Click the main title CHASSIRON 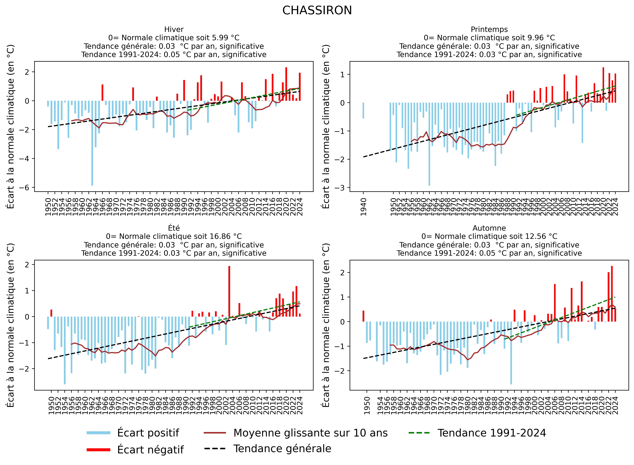(x=317, y=11)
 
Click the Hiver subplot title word (x=174, y=29)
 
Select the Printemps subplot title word (x=489, y=29)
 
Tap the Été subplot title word (x=174, y=228)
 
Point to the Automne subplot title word (x=489, y=228)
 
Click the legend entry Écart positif (x=148, y=433)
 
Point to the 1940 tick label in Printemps (x=364, y=207)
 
